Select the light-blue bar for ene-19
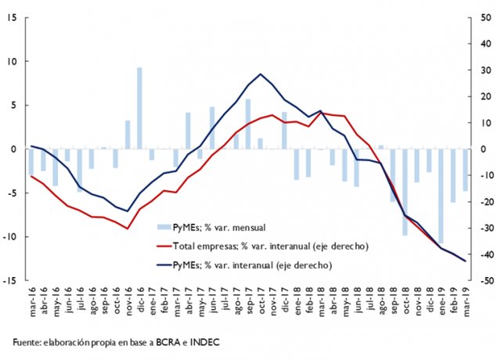[441, 196]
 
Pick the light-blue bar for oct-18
[405, 192]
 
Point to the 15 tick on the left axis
[13, 18]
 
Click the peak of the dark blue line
[260, 74]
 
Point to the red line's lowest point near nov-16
[127, 229]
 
